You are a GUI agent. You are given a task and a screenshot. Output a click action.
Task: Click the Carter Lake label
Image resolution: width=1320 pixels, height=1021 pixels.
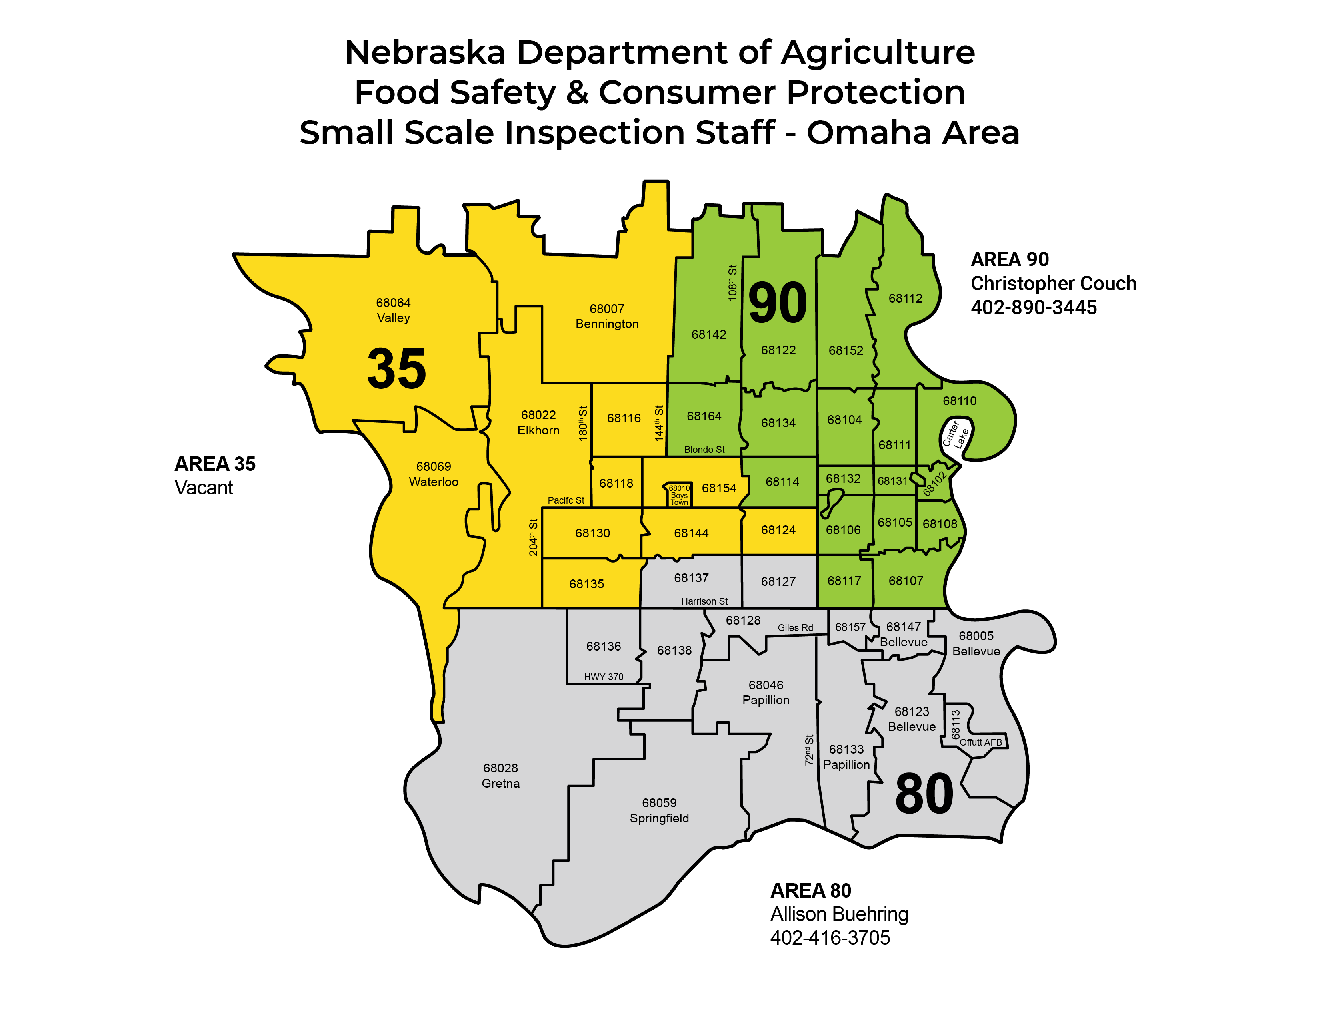point(956,435)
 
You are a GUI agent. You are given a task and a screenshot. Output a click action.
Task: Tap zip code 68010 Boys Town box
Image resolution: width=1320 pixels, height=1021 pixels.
point(679,495)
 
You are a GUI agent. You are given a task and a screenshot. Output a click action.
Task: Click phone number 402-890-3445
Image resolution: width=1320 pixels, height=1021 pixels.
point(1034,307)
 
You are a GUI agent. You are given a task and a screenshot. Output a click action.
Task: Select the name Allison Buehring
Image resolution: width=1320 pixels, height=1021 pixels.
point(839,914)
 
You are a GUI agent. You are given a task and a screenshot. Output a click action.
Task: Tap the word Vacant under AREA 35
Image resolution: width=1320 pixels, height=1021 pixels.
point(204,488)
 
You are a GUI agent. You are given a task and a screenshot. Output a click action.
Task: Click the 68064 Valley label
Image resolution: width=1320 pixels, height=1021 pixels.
point(394,310)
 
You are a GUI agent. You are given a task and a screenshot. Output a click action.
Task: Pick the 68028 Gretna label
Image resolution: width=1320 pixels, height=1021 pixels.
point(500,776)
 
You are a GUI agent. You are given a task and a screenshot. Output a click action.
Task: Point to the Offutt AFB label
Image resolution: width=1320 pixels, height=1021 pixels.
point(980,742)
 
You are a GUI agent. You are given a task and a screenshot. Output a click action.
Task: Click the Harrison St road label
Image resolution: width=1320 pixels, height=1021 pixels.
point(704,601)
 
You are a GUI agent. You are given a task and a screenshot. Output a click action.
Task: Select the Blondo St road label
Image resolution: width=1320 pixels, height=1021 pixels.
point(704,449)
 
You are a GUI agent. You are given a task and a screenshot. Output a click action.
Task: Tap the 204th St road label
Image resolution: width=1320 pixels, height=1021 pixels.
point(533,537)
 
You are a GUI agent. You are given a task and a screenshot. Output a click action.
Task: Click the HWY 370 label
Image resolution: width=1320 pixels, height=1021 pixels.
point(603,677)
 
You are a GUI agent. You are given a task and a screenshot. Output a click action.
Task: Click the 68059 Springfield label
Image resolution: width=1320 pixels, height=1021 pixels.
point(659,810)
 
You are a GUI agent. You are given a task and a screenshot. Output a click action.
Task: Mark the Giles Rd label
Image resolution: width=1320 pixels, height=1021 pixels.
point(795,628)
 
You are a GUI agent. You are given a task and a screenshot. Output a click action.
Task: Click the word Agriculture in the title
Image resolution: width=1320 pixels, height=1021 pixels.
point(878,52)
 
